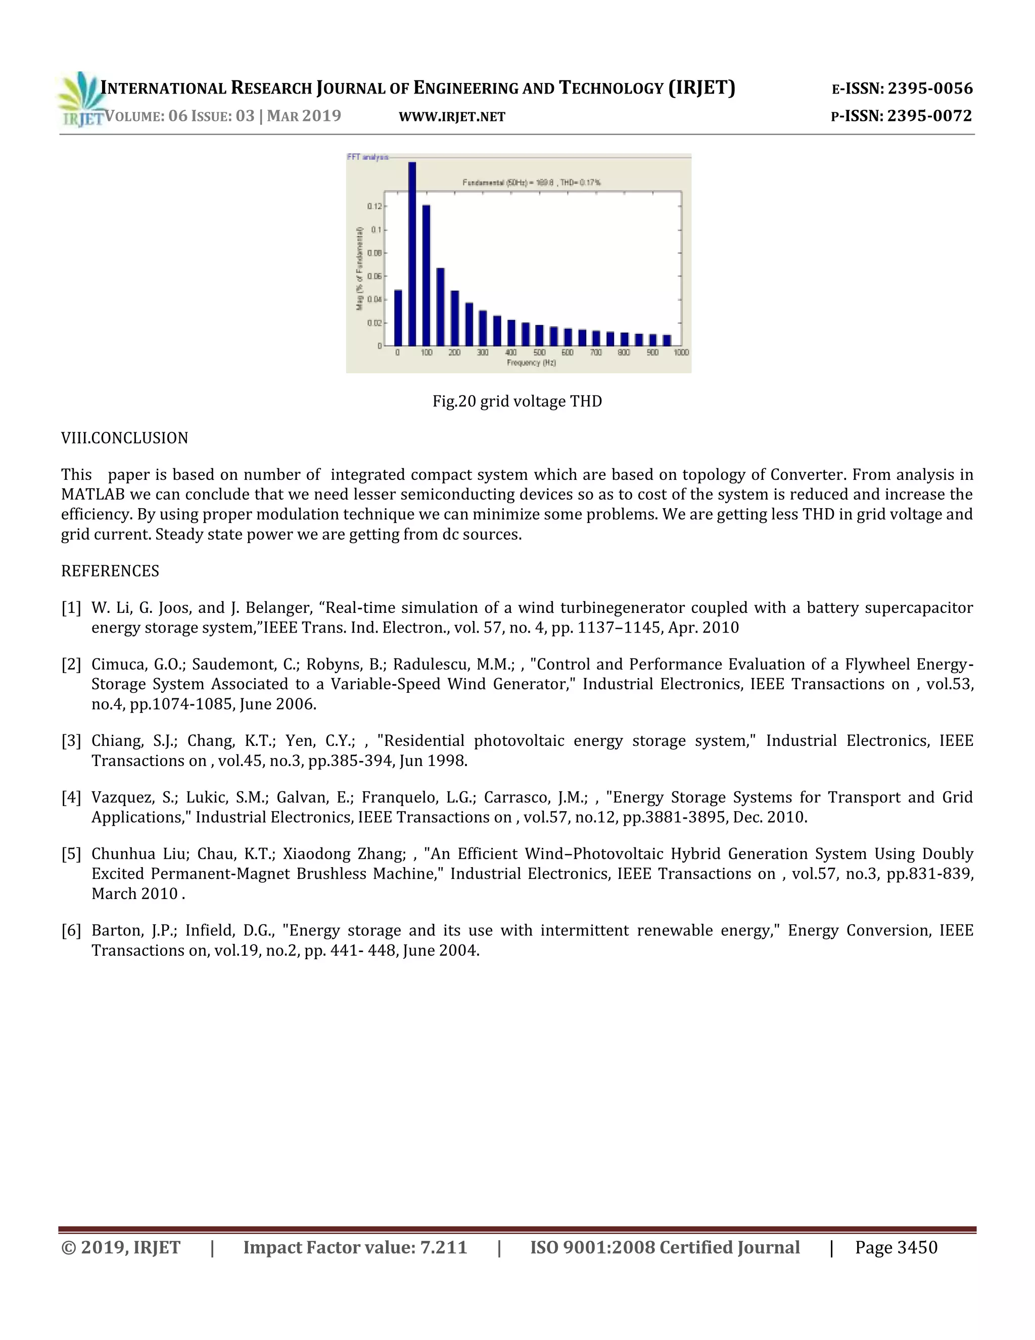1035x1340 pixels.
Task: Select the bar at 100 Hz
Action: [426, 276]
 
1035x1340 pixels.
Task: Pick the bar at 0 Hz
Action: [398, 318]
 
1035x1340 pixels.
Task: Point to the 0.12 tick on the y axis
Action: [374, 206]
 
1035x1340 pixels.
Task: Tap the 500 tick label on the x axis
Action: [539, 353]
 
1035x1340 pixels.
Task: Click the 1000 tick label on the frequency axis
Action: [681, 353]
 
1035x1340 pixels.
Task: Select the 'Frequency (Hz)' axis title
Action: [531, 363]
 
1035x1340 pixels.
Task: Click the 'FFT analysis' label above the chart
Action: [367, 157]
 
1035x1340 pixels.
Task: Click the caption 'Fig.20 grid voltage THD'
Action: [517, 401]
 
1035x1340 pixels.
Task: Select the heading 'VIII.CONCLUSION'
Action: [124, 438]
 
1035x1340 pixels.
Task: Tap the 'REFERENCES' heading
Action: [110, 571]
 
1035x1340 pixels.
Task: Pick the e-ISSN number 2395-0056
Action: [929, 88]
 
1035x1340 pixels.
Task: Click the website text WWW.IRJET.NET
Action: [451, 117]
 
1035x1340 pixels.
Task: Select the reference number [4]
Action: [71, 797]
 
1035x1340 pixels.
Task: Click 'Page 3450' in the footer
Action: [896, 1248]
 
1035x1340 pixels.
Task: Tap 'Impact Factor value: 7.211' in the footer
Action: [355, 1248]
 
